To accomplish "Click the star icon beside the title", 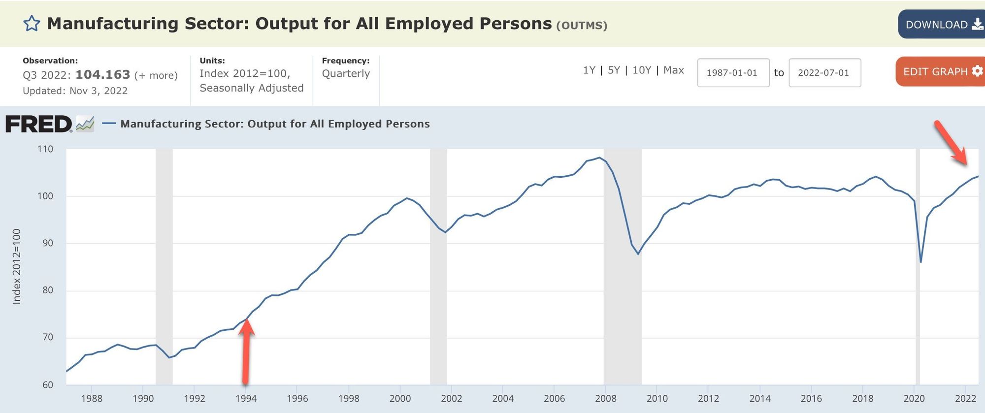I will point(32,24).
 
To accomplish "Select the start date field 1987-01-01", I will point(733,73).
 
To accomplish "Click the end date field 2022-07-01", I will point(824,73).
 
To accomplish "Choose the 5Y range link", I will point(614,70).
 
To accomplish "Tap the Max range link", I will point(673,70).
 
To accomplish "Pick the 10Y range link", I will point(642,70).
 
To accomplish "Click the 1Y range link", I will point(589,70).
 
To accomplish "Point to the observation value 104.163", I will point(103,75).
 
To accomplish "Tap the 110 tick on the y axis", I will point(45,149).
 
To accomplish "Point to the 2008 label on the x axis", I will point(605,398).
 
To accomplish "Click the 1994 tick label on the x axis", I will point(246,398).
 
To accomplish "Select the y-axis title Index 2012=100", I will point(17,266).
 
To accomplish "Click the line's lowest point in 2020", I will point(920,262).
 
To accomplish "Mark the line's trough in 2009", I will point(638,254).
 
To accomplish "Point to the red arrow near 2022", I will point(951,143).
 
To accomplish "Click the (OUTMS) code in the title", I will point(582,26).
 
